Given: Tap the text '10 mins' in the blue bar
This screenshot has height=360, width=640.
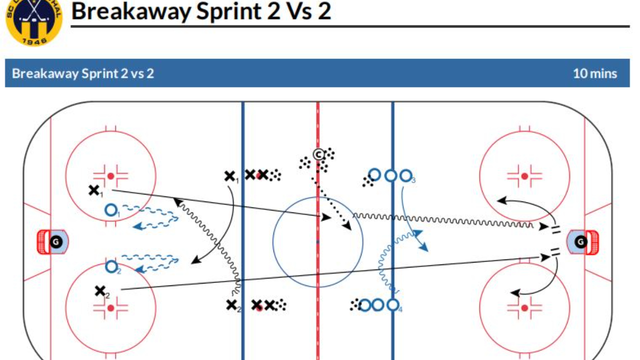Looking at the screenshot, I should click(x=594, y=73).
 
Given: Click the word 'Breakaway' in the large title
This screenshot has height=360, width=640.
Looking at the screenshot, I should click(x=130, y=11).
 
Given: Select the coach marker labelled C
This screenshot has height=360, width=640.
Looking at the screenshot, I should click(x=318, y=154).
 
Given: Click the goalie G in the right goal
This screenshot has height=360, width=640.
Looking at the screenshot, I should click(x=580, y=242).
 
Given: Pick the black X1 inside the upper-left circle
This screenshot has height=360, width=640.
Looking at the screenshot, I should click(x=93, y=190).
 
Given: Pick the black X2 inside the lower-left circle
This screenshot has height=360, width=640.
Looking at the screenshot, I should click(x=100, y=290).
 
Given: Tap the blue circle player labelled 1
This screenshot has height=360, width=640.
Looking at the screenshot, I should click(x=111, y=209).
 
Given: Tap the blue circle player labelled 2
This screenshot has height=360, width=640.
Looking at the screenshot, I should click(x=111, y=267).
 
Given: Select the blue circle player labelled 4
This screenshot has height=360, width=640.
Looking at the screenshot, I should click(x=393, y=304).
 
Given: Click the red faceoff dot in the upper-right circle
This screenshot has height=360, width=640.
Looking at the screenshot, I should click(x=524, y=176).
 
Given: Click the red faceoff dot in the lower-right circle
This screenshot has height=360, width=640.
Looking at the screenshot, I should click(x=524, y=308).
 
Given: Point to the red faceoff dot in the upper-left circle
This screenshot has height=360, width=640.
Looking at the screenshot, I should click(x=110, y=176).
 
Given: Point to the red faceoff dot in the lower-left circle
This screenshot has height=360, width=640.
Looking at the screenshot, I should click(x=110, y=308).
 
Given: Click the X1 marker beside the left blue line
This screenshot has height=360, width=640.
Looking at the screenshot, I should click(x=229, y=176).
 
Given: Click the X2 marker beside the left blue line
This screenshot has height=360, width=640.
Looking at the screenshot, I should click(x=231, y=304).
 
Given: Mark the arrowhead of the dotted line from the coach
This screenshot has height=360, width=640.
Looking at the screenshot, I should click(x=348, y=228).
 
